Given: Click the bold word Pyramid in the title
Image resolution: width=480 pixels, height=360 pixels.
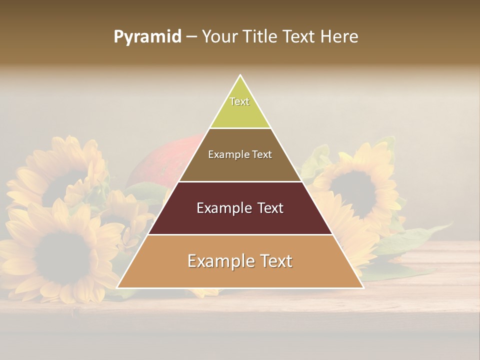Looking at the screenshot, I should point(147,37).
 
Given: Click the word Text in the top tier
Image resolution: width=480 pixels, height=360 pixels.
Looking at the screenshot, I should point(239,101).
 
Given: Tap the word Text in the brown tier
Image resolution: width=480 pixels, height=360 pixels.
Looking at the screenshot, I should point(262,155).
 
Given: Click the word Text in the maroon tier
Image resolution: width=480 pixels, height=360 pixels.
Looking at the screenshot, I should point(270,208).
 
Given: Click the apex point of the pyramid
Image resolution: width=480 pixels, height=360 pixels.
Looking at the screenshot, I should point(240,75).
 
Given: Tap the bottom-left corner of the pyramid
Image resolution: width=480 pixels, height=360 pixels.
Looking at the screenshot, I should point(117,287).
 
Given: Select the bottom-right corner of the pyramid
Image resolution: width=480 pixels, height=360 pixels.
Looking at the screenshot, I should point(363,287).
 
